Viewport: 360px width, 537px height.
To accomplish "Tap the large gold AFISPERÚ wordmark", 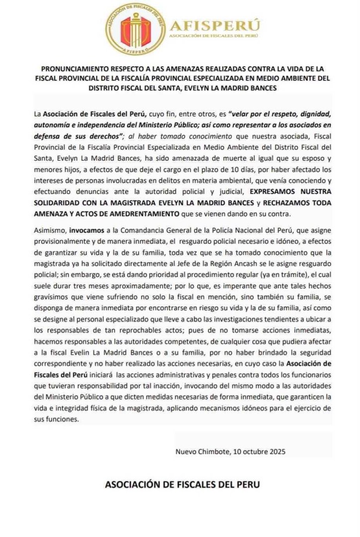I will point(215,25).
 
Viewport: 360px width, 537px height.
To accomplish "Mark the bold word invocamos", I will point(85,231).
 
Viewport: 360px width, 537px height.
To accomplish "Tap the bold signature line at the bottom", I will point(182,484).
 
